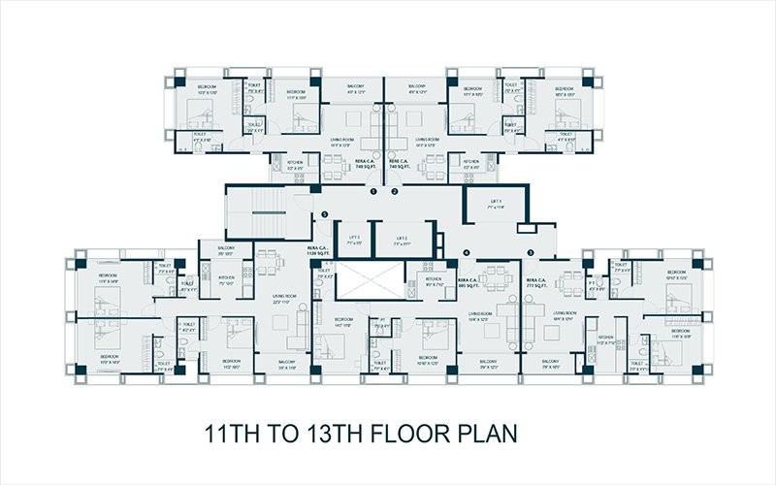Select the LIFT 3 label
pos(353,240)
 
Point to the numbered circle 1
pos(373,192)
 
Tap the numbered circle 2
pos(395,192)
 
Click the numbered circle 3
pos(531,253)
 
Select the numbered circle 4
pos(467,253)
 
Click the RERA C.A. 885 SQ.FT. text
pos(467,282)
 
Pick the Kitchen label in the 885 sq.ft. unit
pos(434,281)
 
